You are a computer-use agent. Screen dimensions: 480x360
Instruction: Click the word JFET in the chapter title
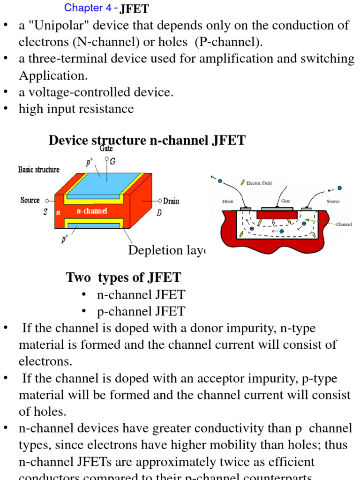[x=135, y=8]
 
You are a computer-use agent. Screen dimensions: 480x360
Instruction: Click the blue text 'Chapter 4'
[x=84, y=7]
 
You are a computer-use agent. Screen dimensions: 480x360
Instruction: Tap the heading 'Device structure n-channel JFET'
[x=147, y=140]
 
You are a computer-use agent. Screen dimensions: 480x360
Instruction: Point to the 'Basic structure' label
[x=39, y=169]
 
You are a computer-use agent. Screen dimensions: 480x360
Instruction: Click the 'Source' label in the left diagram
[x=30, y=200]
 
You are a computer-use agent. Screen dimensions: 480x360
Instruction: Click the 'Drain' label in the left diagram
[x=171, y=201]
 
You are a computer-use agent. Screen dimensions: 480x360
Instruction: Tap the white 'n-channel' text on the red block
[x=92, y=211]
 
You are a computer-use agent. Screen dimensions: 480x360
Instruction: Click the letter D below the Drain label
[x=159, y=212]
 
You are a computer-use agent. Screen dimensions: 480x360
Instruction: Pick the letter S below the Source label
[x=45, y=212]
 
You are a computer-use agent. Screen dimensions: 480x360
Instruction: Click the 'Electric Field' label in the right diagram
[x=259, y=183]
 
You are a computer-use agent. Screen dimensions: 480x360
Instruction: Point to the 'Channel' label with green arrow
[x=344, y=224]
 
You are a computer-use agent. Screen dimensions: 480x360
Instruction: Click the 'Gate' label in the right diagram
[x=286, y=201]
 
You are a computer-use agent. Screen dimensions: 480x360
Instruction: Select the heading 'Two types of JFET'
[x=123, y=277]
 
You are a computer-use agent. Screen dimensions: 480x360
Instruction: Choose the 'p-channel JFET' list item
[x=141, y=311]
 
